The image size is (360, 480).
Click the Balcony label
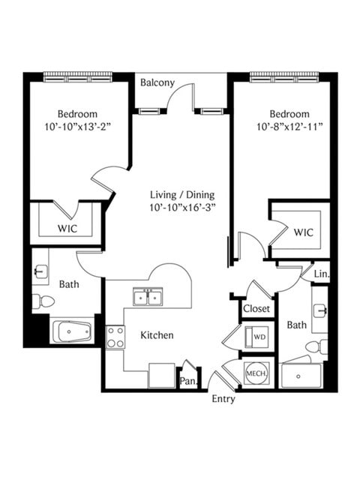coord(157,83)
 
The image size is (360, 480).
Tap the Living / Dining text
coord(182,195)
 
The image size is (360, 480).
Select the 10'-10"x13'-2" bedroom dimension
coord(77,127)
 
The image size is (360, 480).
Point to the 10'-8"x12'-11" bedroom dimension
coord(289,127)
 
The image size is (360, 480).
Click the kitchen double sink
coord(148,297)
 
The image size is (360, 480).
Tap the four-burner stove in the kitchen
coord(115,337)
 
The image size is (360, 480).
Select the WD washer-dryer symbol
coord(256,337)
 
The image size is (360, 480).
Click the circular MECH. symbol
coord(256,373)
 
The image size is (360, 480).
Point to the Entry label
coord(223,399)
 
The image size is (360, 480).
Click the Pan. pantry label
coord(188,381)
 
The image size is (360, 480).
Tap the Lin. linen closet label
coord(322,274)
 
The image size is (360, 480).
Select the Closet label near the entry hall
coord(256,308)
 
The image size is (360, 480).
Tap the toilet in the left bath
coord(43,301)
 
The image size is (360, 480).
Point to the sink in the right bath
coord(320,310)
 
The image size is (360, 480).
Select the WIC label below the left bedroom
coord(67,229)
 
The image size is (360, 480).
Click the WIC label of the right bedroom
coord(303,232)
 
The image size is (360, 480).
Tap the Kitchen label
coord(157,335)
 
